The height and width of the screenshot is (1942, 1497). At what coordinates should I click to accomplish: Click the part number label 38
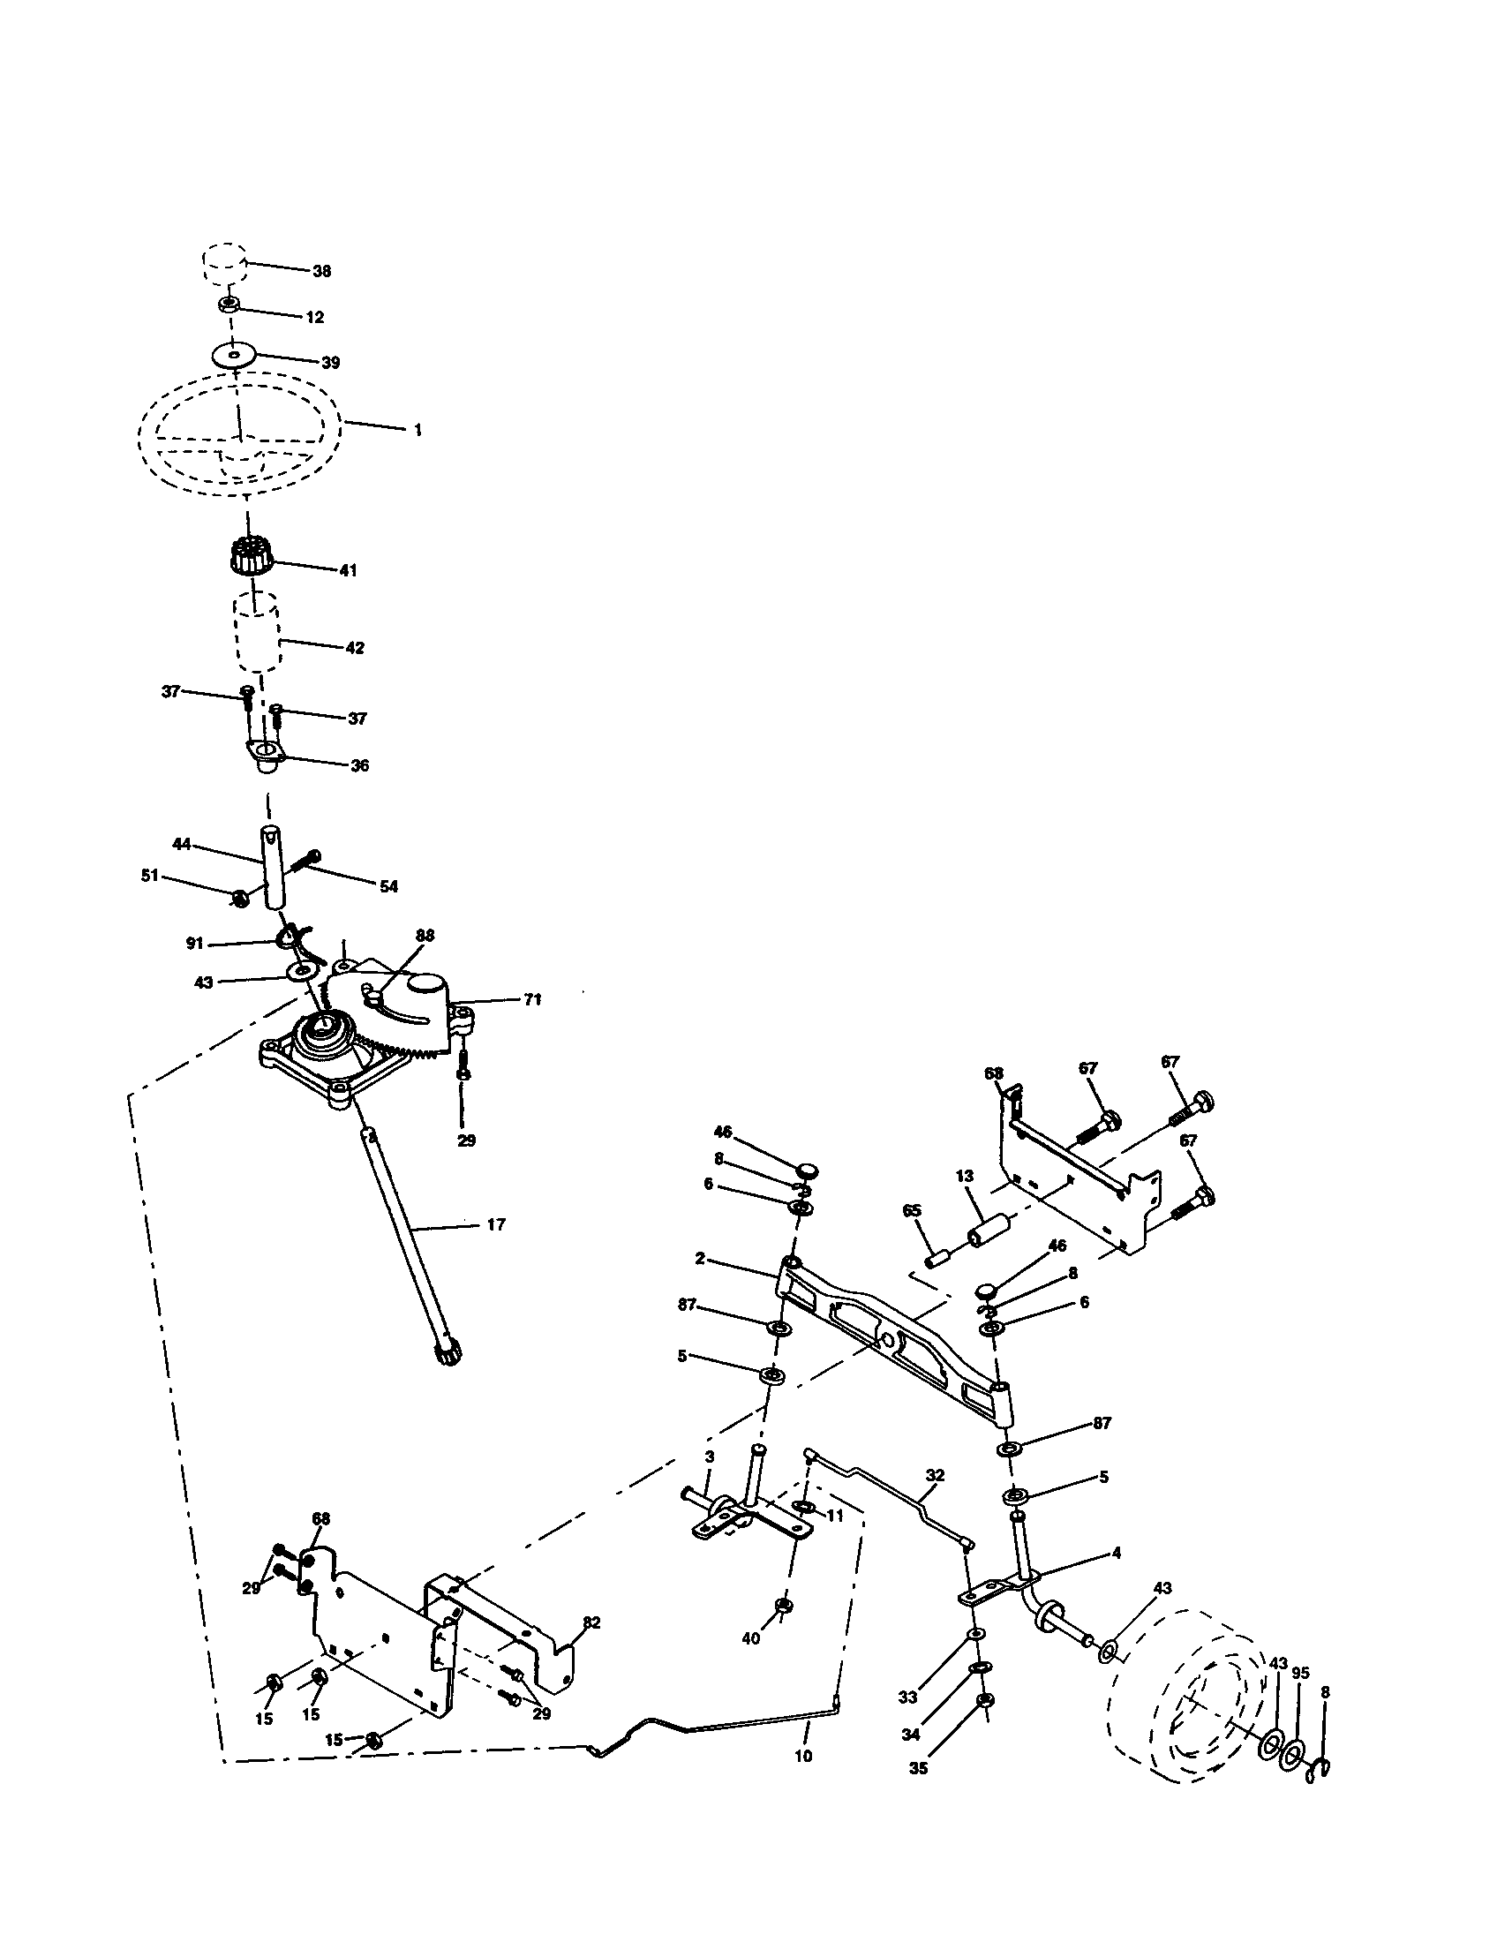322,271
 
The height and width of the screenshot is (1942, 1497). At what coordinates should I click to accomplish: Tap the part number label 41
348,570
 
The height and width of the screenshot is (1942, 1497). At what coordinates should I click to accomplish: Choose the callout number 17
496,1225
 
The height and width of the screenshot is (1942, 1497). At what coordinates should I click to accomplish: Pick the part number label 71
531,999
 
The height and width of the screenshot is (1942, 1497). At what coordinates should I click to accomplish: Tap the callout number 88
425,936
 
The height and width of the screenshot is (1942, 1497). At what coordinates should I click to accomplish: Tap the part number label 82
591,1622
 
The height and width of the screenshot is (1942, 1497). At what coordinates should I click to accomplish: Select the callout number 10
802,1756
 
